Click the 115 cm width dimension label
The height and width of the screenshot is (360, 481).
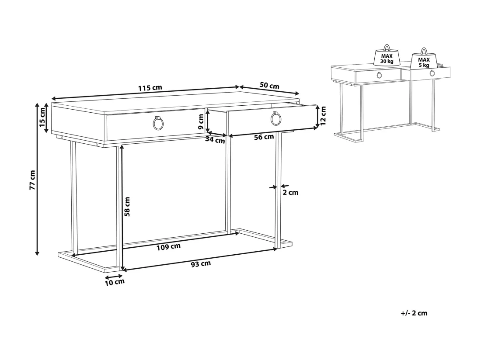click(x=150, y=88)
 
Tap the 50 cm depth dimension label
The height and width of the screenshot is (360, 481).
click(x=269, y=86)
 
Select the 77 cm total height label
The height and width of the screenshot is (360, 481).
click(x=32, y=180)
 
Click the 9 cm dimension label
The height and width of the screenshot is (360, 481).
click(x=201, y=121)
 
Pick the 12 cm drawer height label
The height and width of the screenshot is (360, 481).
click(x=323, y=116)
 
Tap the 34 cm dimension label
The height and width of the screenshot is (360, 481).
click(x=215, y=140)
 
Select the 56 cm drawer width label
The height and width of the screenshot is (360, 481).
click(x=264, y=137)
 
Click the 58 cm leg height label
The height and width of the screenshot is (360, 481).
click(x=127, y=207)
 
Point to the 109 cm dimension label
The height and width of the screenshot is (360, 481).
click(x=168, y=247)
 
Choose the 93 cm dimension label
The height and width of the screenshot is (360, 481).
click(x=201, y=263)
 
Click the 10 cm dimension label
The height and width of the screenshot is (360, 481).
click(x=115, y=282)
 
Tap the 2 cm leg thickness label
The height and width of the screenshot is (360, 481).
click(x=290, y=192)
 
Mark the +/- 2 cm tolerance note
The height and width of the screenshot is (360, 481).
click(x=414, y=313)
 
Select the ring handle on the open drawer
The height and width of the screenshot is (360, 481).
click(x=276, y=118)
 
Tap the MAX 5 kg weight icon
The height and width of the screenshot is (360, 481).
click(x=424, y=59)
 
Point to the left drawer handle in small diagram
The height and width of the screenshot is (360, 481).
click(x=380, y=75)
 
